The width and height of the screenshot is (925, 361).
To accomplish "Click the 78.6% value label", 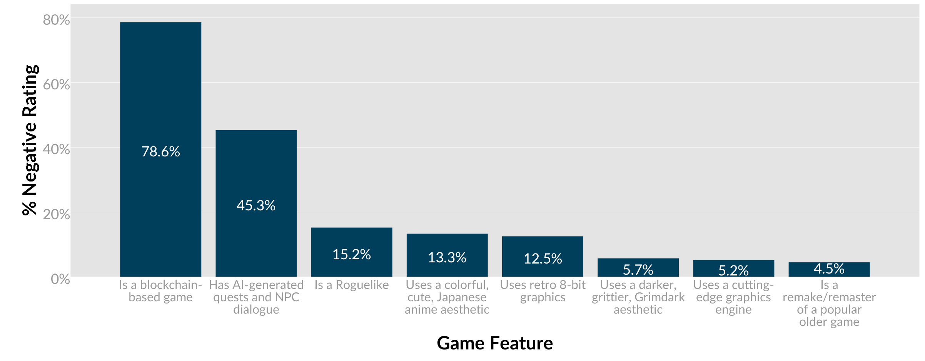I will pyautogui.click(x=160, y=151).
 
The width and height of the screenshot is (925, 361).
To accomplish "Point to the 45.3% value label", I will pyautogui.click(x=256, y=205).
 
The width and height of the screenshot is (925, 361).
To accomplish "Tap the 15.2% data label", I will pyautogui.click(x=351, y=254).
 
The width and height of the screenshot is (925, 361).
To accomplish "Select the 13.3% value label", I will pyautogui.click(x=447, y=257).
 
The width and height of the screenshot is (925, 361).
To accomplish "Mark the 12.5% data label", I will pyautogui.click(x=543, y=259).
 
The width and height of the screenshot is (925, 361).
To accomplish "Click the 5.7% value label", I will pyautogui.click(x=638, y=270).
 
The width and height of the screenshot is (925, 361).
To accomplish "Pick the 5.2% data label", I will pyautogui.click(x=733, y=270).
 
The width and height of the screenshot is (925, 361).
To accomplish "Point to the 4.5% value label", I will pyautogui.click(x=829, y=269).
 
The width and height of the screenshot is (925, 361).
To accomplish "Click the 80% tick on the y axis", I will pyautogui.click(x=56, y=20).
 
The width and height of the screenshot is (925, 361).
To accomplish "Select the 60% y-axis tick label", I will pyautogui.click(x=56, y=84).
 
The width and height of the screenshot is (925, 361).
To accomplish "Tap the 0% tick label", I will pyautogui.click(x=60, y=279).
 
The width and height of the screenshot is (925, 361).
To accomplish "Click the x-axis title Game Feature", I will pyautogui.click(x=494, y=343).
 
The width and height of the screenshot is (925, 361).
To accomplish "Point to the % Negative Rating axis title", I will pyautogui.click(x=30, y=140).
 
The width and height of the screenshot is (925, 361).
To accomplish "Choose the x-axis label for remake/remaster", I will pyautogui.click(x=829, y=303).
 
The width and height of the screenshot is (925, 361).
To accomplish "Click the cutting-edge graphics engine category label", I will pyautogui.click(x=733, y=297).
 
